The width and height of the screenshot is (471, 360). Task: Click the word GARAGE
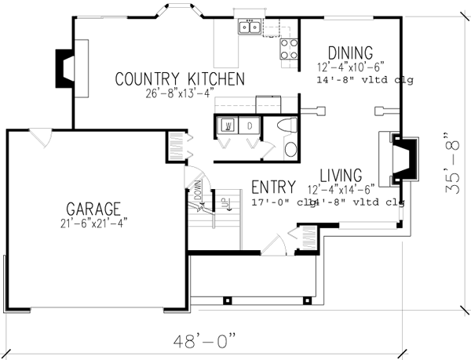(x=93, y=209)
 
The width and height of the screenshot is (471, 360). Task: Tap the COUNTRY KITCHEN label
(x=180, y=79)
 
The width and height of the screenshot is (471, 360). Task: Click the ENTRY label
(x=273, y=187)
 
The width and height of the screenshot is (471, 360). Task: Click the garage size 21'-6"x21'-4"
(x=93, y=224)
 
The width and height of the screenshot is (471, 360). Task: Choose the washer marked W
(x=227, y=125)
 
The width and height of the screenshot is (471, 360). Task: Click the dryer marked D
(x=249, y=125)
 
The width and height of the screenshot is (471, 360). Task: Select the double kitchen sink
(x=250, y=28)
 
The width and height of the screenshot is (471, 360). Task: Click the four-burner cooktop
(x=289, y=49)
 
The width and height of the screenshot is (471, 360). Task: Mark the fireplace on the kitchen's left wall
(x=63, y=67)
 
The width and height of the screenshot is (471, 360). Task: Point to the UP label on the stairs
(x=224, y=203)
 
